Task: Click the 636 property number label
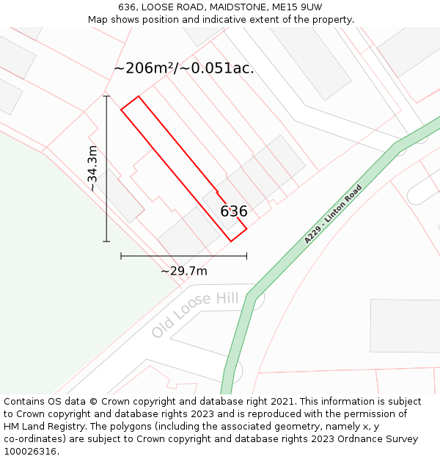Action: [x=234, y=212]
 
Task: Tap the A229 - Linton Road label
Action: [x=334, y=214]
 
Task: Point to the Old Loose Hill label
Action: [x=196, y=314]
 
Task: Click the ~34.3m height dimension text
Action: [x=92, y=168]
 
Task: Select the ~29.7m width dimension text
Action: [x=184, y=271]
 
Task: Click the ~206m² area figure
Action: [x=143, y=68]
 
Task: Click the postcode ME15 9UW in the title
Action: [x=297, y=7]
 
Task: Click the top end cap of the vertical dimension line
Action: [x=106, y=96]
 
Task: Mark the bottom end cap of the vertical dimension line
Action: [x=106, y=241]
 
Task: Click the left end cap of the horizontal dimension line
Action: [x=121, y=256]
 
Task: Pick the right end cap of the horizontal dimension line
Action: [x=246, y=256]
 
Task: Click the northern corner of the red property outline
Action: [x=138, y=96]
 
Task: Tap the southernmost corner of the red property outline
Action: [x=231, y=241]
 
